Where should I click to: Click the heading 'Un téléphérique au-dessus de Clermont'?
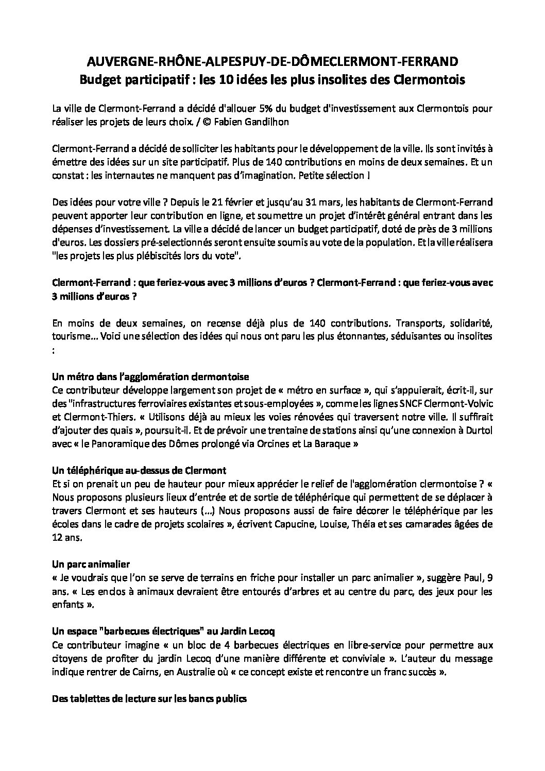tap(139, 471)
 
